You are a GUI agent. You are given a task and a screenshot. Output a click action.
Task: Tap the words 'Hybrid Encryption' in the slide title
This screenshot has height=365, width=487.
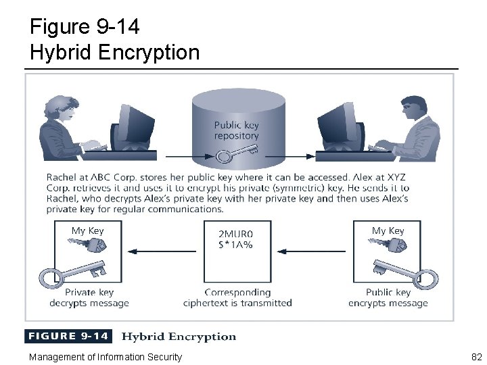[x=115, y=52]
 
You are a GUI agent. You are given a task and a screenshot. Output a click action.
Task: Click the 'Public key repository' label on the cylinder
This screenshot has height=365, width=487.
[x=236, y=130]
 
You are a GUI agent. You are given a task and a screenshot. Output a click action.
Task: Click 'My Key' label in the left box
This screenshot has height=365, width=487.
[x=88, y=231]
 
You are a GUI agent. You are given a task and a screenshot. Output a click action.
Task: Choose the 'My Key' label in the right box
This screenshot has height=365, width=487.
[x=388, y=231]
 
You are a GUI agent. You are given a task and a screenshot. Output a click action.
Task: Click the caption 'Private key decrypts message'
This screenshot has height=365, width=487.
[x=89, y=298]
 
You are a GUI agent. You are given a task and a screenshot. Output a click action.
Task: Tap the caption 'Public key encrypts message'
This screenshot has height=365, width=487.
[x=388, y=298]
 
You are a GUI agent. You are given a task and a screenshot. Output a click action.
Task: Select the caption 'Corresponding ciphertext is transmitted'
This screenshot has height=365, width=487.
[x=237, y=298]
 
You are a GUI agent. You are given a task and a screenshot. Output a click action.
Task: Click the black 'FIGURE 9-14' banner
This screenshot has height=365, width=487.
[x=67, y=337]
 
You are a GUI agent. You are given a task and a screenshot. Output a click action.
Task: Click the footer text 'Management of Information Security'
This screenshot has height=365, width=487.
[x=105, y=357]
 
